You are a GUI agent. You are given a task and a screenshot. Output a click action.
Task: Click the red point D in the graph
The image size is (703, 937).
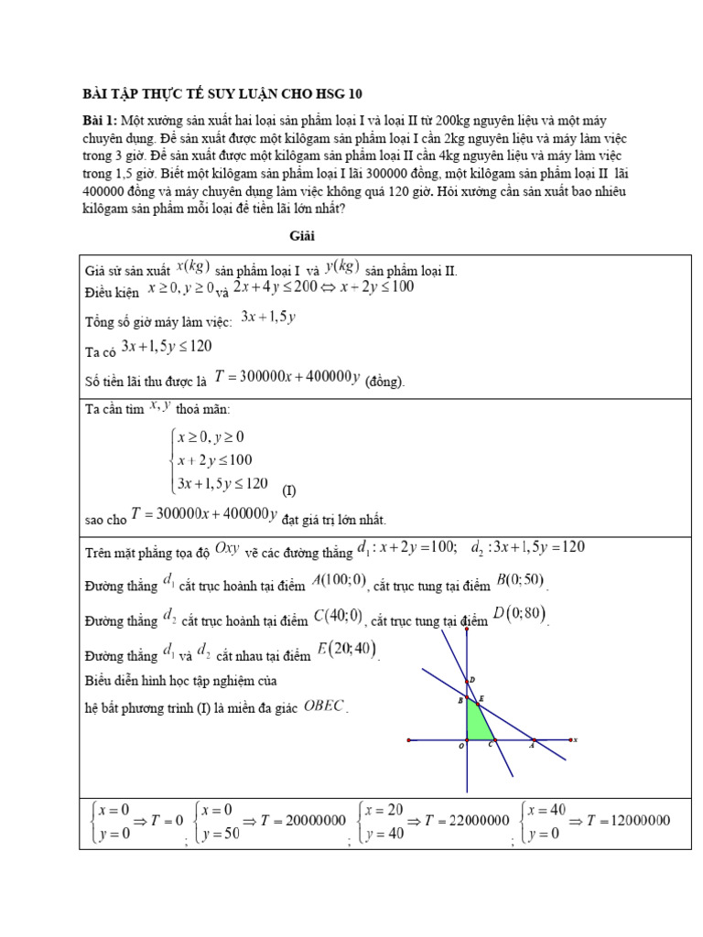(x=468, y=681)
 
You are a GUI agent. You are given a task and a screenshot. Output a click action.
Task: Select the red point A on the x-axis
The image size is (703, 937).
(x=535, y=738)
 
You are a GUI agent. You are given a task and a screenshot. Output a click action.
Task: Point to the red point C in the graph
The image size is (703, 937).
(x=494, y=738)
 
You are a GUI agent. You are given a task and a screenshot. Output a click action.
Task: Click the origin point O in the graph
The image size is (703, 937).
(x=468, y=738)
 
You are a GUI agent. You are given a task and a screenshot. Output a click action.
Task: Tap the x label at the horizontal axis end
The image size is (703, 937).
(x=576, y=739)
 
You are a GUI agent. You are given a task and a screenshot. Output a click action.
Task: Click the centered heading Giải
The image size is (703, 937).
(x=302, y=236)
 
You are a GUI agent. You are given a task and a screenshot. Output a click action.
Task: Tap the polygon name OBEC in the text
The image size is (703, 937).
(x=324, y=705)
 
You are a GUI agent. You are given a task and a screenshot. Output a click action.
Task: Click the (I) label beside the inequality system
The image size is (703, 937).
(x=288, y=488)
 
